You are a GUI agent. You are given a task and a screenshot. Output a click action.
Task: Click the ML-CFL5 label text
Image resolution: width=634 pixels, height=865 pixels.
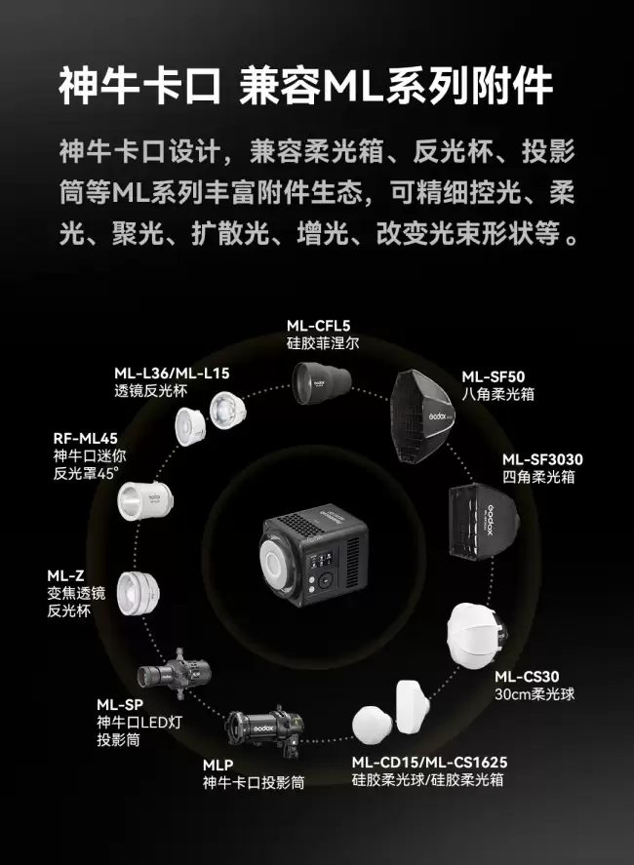coord(318,326)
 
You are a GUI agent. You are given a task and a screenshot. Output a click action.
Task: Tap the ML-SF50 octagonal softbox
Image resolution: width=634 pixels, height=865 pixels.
coord(422,416)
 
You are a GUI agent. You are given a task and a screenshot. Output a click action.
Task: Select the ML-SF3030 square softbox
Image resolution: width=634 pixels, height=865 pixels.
coord(484,521)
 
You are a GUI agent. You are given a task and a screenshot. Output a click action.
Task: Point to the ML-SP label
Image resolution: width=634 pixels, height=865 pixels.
coord(120,704)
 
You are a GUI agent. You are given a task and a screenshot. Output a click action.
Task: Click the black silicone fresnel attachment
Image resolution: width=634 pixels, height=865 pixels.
coord(322,383)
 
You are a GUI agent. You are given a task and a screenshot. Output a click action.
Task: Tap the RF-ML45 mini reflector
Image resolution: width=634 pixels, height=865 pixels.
coord(145,501)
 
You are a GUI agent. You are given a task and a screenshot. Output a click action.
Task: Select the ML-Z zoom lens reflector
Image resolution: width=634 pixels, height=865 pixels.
coord(138,593)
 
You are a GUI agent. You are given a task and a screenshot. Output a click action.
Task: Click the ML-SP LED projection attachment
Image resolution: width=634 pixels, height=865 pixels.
coord(174,674)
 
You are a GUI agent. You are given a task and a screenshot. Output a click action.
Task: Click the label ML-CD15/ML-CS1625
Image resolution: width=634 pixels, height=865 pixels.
coord(429,763)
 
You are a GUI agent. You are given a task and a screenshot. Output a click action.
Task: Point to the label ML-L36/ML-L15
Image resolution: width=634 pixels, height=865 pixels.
coord(172,374)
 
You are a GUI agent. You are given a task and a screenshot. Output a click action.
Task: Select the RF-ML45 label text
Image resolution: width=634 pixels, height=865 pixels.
coord(86,439)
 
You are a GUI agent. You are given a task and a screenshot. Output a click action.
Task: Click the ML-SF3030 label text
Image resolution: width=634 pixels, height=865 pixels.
coord(542,459)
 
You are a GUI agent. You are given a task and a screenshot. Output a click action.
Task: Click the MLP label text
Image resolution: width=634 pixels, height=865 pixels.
coord(218,766)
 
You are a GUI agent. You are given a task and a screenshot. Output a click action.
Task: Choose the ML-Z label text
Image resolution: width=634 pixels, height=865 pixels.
coord(65,576)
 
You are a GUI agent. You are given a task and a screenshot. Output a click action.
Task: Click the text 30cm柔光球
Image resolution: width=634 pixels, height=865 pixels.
coord(535,694)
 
